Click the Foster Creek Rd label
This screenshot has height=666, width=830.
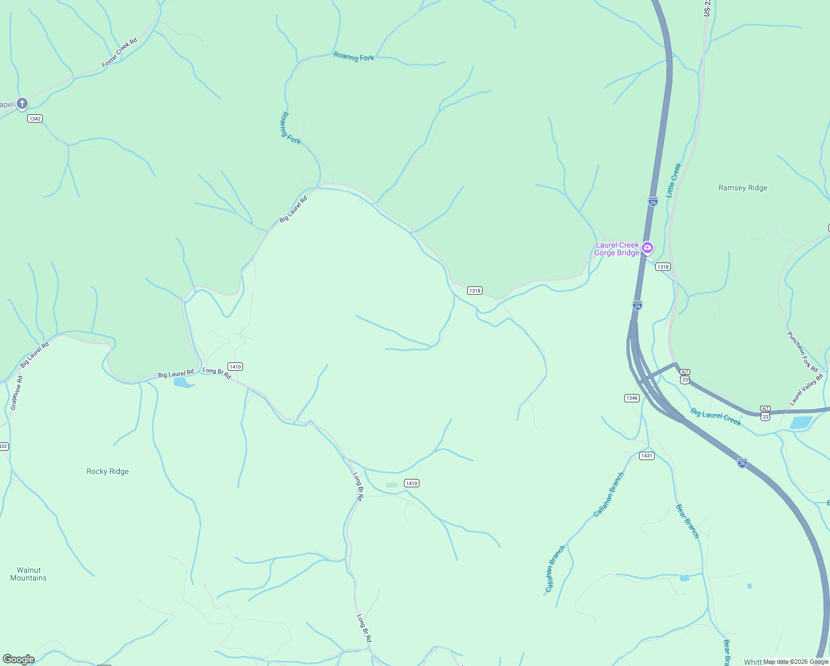point(119,53)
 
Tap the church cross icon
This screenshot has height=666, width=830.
point(22,103)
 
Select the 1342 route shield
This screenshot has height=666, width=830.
point(35,119)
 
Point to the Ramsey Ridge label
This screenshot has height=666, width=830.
point(743,188)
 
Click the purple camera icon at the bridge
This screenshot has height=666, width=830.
point(647,248)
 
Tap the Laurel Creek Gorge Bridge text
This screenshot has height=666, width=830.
point(616,249)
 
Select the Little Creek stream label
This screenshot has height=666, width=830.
point(674,180)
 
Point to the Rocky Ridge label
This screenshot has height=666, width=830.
point(108,472)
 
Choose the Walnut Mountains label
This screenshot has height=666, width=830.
point(28,574)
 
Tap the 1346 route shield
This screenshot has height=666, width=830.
point(631,398)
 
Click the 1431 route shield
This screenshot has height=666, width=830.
point(646,456)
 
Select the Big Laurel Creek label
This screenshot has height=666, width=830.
point(716,417)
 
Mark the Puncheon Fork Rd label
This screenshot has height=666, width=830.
point(802,352)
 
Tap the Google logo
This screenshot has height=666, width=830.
point(19,659)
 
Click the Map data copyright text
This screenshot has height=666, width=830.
point(796,662)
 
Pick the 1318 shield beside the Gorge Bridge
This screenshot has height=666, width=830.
point(662,267)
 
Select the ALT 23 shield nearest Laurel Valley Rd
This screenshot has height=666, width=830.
point(766,412)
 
